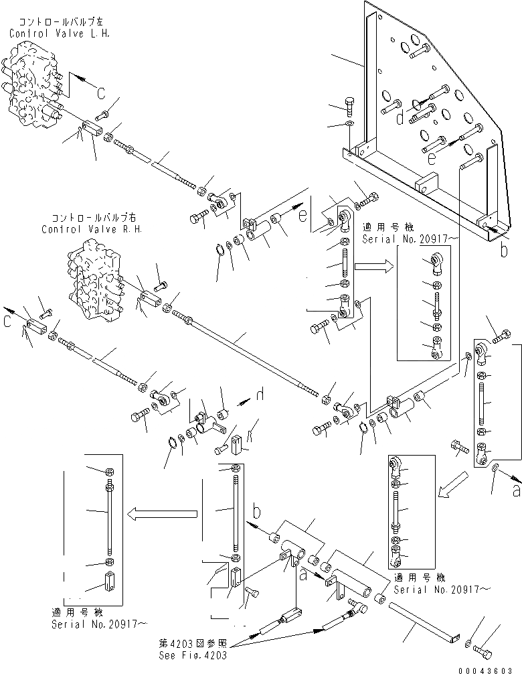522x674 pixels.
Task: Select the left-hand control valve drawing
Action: [33, 87]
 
